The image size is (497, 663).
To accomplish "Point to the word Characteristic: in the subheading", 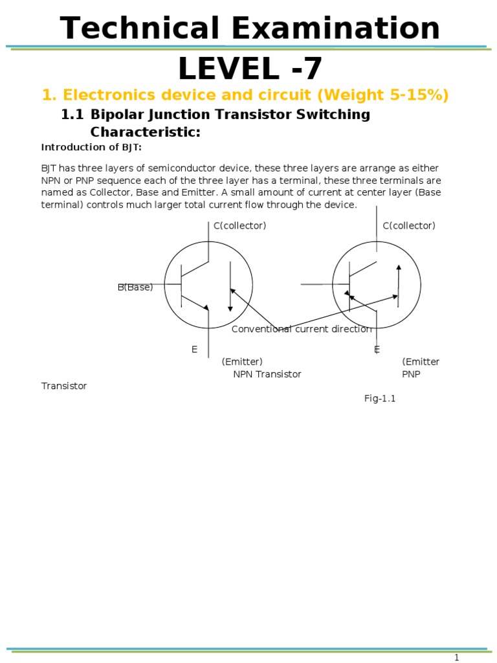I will [x=146, y=133].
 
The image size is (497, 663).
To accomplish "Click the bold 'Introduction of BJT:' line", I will [x=91, y=147].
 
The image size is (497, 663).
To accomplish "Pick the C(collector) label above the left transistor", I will [x=240, y=226].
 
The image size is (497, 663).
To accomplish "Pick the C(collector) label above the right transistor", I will [x=409, y=226].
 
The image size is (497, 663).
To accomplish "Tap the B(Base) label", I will [x=135, y=287].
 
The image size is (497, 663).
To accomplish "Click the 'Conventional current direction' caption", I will [x=302, y=329].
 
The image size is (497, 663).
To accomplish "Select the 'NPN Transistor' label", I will [x=267, y=374].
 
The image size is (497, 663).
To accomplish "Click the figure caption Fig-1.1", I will [x=380, y=399].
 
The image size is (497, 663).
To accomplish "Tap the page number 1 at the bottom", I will [x=456, y=658].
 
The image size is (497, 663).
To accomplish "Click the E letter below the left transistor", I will [x=194, y=350].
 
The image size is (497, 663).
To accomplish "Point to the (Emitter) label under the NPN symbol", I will [x=242, y=361].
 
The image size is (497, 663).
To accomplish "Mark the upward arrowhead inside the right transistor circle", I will [x=399, y=267].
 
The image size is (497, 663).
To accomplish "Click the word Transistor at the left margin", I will [x=64, y=386].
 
